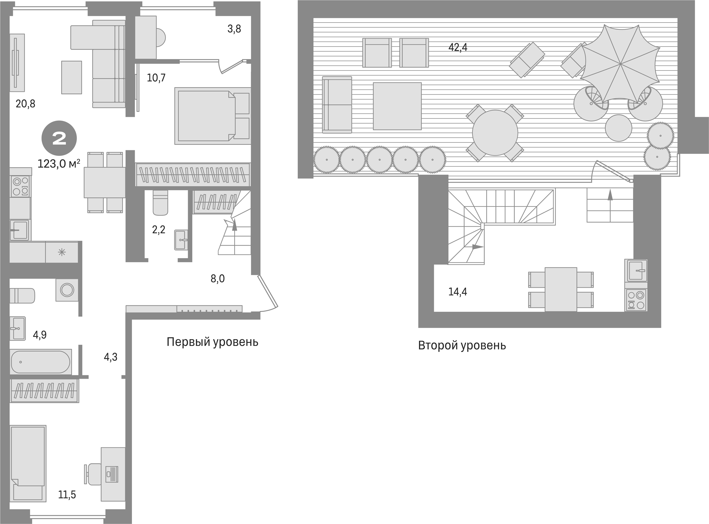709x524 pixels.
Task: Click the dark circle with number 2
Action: (x=59, y=139)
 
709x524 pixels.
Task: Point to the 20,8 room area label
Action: (x=25, y=104)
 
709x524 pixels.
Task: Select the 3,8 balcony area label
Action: (x=234, y=29)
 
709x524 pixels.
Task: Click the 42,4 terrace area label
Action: (x=457, y=47)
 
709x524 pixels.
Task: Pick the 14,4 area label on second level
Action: (x=457, y=292)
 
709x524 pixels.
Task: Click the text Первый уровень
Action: (x=212, y=342)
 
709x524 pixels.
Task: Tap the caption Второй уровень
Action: (x=462, y=346)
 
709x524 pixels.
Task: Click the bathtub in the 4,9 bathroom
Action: (x=41, y=362)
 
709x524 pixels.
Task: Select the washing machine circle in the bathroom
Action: (x=67, y=290)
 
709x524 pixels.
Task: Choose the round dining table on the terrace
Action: (x=495, y=133)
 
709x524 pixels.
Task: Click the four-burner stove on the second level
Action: (x=636, y=300)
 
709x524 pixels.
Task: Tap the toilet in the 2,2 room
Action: (x=160, y=202)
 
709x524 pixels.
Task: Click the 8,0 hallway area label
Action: (x=217, y=279)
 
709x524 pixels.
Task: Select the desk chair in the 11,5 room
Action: (x=93, y=474)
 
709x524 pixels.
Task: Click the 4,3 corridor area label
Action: (x=110, y=357)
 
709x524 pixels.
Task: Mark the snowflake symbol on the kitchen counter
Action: (x=62, y=252)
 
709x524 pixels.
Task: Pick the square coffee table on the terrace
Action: (x=397, y=106)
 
